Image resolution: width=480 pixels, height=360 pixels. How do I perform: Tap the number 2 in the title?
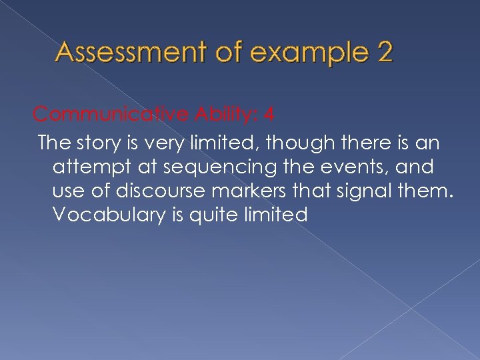coord(384,51)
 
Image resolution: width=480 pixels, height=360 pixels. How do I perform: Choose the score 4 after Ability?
coord(268,115)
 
